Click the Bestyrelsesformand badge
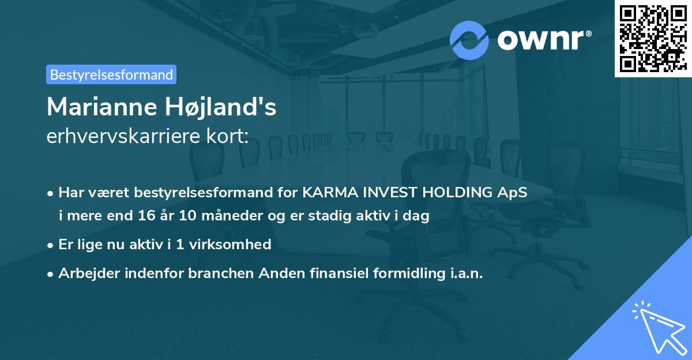point(111,74)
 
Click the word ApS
point(513,193)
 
